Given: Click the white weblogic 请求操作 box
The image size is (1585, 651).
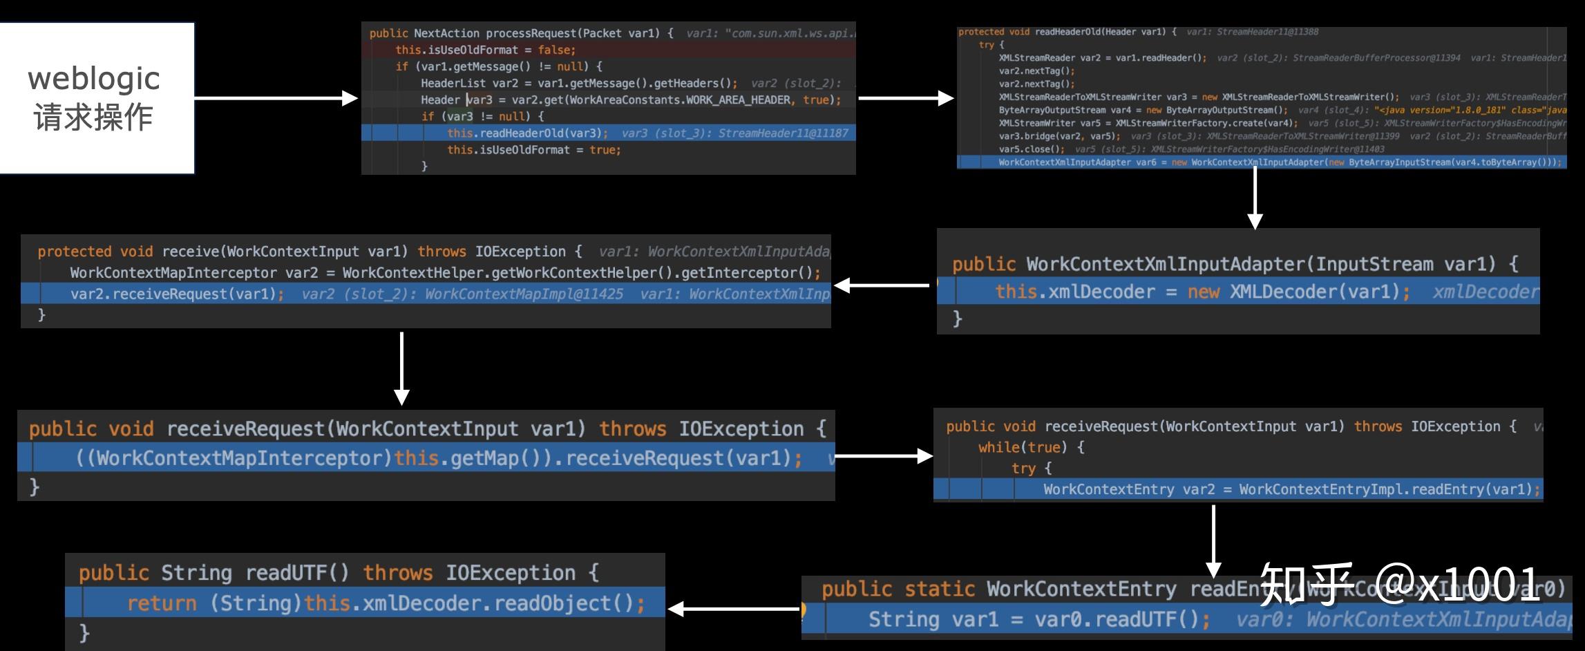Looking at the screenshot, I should pyautogui.click(x=95, y=98).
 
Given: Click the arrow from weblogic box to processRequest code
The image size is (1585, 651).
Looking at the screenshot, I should pyautogui.click(x=276, y=98).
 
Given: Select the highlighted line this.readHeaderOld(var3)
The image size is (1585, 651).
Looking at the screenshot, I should pyautogui.click(x=527, y=133).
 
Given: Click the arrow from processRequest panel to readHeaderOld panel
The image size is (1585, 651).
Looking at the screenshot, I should pyautogui.click(x=906, y=98).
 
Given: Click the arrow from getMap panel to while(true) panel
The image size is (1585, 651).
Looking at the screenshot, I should pyautogui.click(x=884, y=455).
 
